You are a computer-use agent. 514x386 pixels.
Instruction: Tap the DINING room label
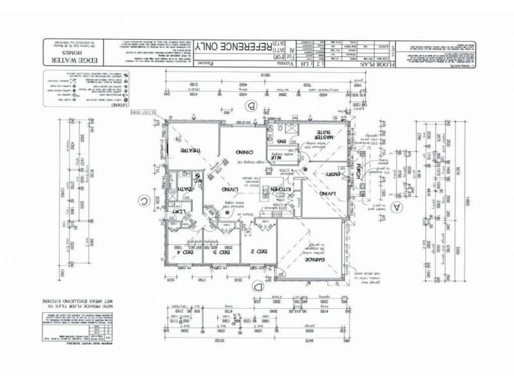click(x=243, y=152)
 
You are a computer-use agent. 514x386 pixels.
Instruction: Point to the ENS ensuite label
click(x=281, y=140)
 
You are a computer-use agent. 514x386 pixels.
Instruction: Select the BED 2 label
click(x=257, y=252)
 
